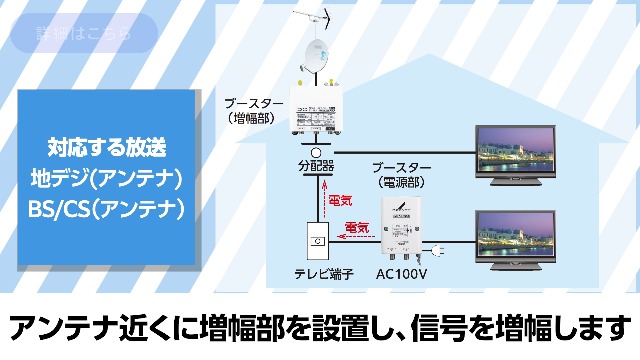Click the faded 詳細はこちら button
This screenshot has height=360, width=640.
[x=84, y=34]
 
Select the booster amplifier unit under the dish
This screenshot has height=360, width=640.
[x=316, y=108]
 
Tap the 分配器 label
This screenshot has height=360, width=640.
[x=315, y=166]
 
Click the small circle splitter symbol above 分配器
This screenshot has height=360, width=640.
[x=315, y=152]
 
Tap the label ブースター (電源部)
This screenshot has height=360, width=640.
[x=401, y=175]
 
